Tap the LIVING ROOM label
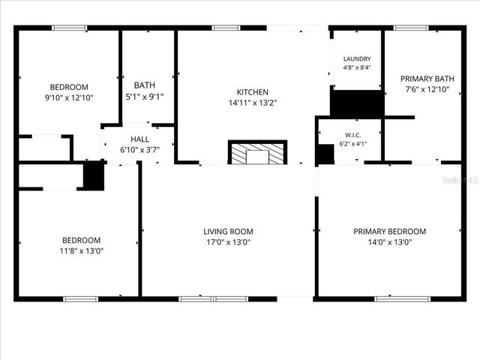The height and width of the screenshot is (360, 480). (x=228, y=232)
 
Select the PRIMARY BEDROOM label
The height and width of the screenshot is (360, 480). (x=389, y=232)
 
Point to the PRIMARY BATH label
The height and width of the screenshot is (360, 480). (x=427, y=79)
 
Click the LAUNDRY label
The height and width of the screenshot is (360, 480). (x=357, y=59)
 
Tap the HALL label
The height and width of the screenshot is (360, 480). (x=139, y=139)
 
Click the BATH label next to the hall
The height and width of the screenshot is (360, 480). (x=145, y=85)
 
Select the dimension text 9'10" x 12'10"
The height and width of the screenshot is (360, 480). (x=69, y=97)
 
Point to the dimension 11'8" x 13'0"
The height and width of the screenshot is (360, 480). (x=82, y=251)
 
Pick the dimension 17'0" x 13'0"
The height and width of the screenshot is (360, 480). (x=228, y=242)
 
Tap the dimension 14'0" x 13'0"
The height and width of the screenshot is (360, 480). (x=389, y=242)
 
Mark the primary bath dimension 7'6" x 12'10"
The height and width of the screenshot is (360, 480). (x=427, y=89)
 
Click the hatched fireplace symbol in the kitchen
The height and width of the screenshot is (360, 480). (x=257, y=154)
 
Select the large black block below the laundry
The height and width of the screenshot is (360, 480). (x=357, y=103)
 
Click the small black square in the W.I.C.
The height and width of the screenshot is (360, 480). (x=324, y=154)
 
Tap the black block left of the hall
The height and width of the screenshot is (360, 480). (x=93, y=176)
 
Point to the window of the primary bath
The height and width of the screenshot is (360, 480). (x=411, y=28)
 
